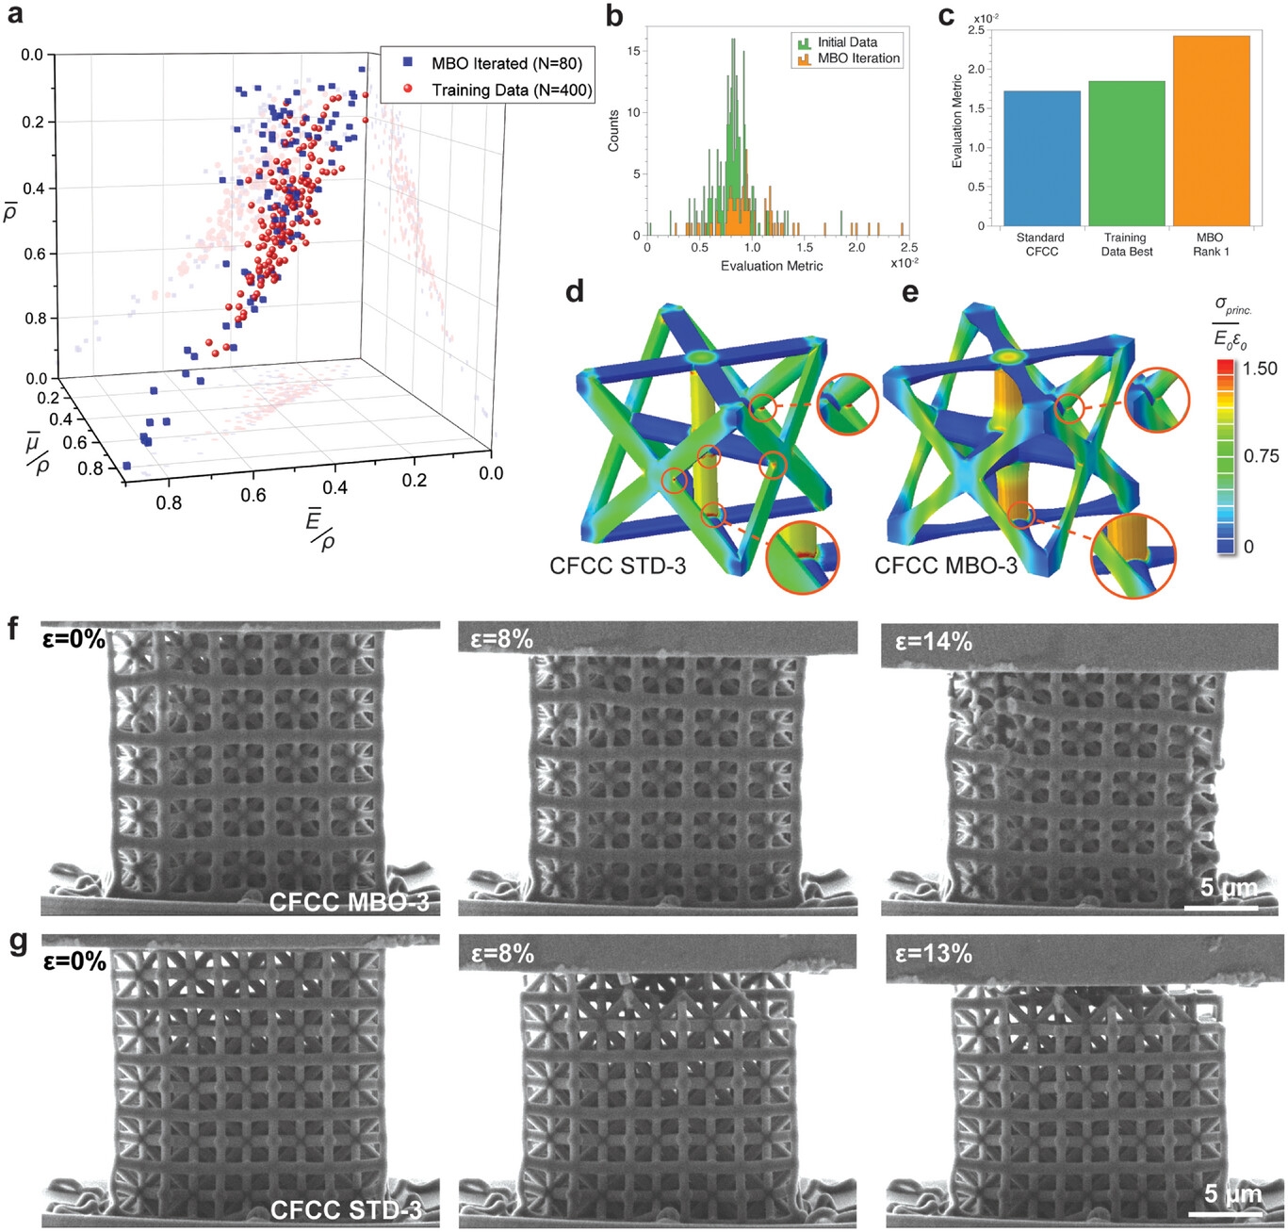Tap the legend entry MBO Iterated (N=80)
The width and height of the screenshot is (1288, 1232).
coord(506,63)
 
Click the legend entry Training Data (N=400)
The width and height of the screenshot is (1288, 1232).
coord(512,90)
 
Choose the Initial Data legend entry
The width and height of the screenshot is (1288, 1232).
coord(846,42)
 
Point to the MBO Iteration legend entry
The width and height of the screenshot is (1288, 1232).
coord(857,58)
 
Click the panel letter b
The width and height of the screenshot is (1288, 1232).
coord(614,16)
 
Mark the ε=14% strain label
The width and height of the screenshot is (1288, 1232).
coord(933,642)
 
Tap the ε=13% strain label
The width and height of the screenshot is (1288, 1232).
coord(933,953)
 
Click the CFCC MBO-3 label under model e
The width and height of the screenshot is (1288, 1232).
coord(945,566)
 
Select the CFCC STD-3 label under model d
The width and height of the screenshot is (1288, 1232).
coord(617,566)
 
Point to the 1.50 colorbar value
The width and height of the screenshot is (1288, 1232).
coord(1260,369)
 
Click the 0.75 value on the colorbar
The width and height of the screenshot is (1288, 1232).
coord(1261,456)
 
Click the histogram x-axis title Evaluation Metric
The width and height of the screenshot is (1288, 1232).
coord(772,266)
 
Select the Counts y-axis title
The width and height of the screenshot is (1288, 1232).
coord(613,130)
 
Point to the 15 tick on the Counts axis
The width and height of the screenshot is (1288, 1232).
coord(634,52)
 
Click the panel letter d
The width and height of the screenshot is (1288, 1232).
coord(575,292)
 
